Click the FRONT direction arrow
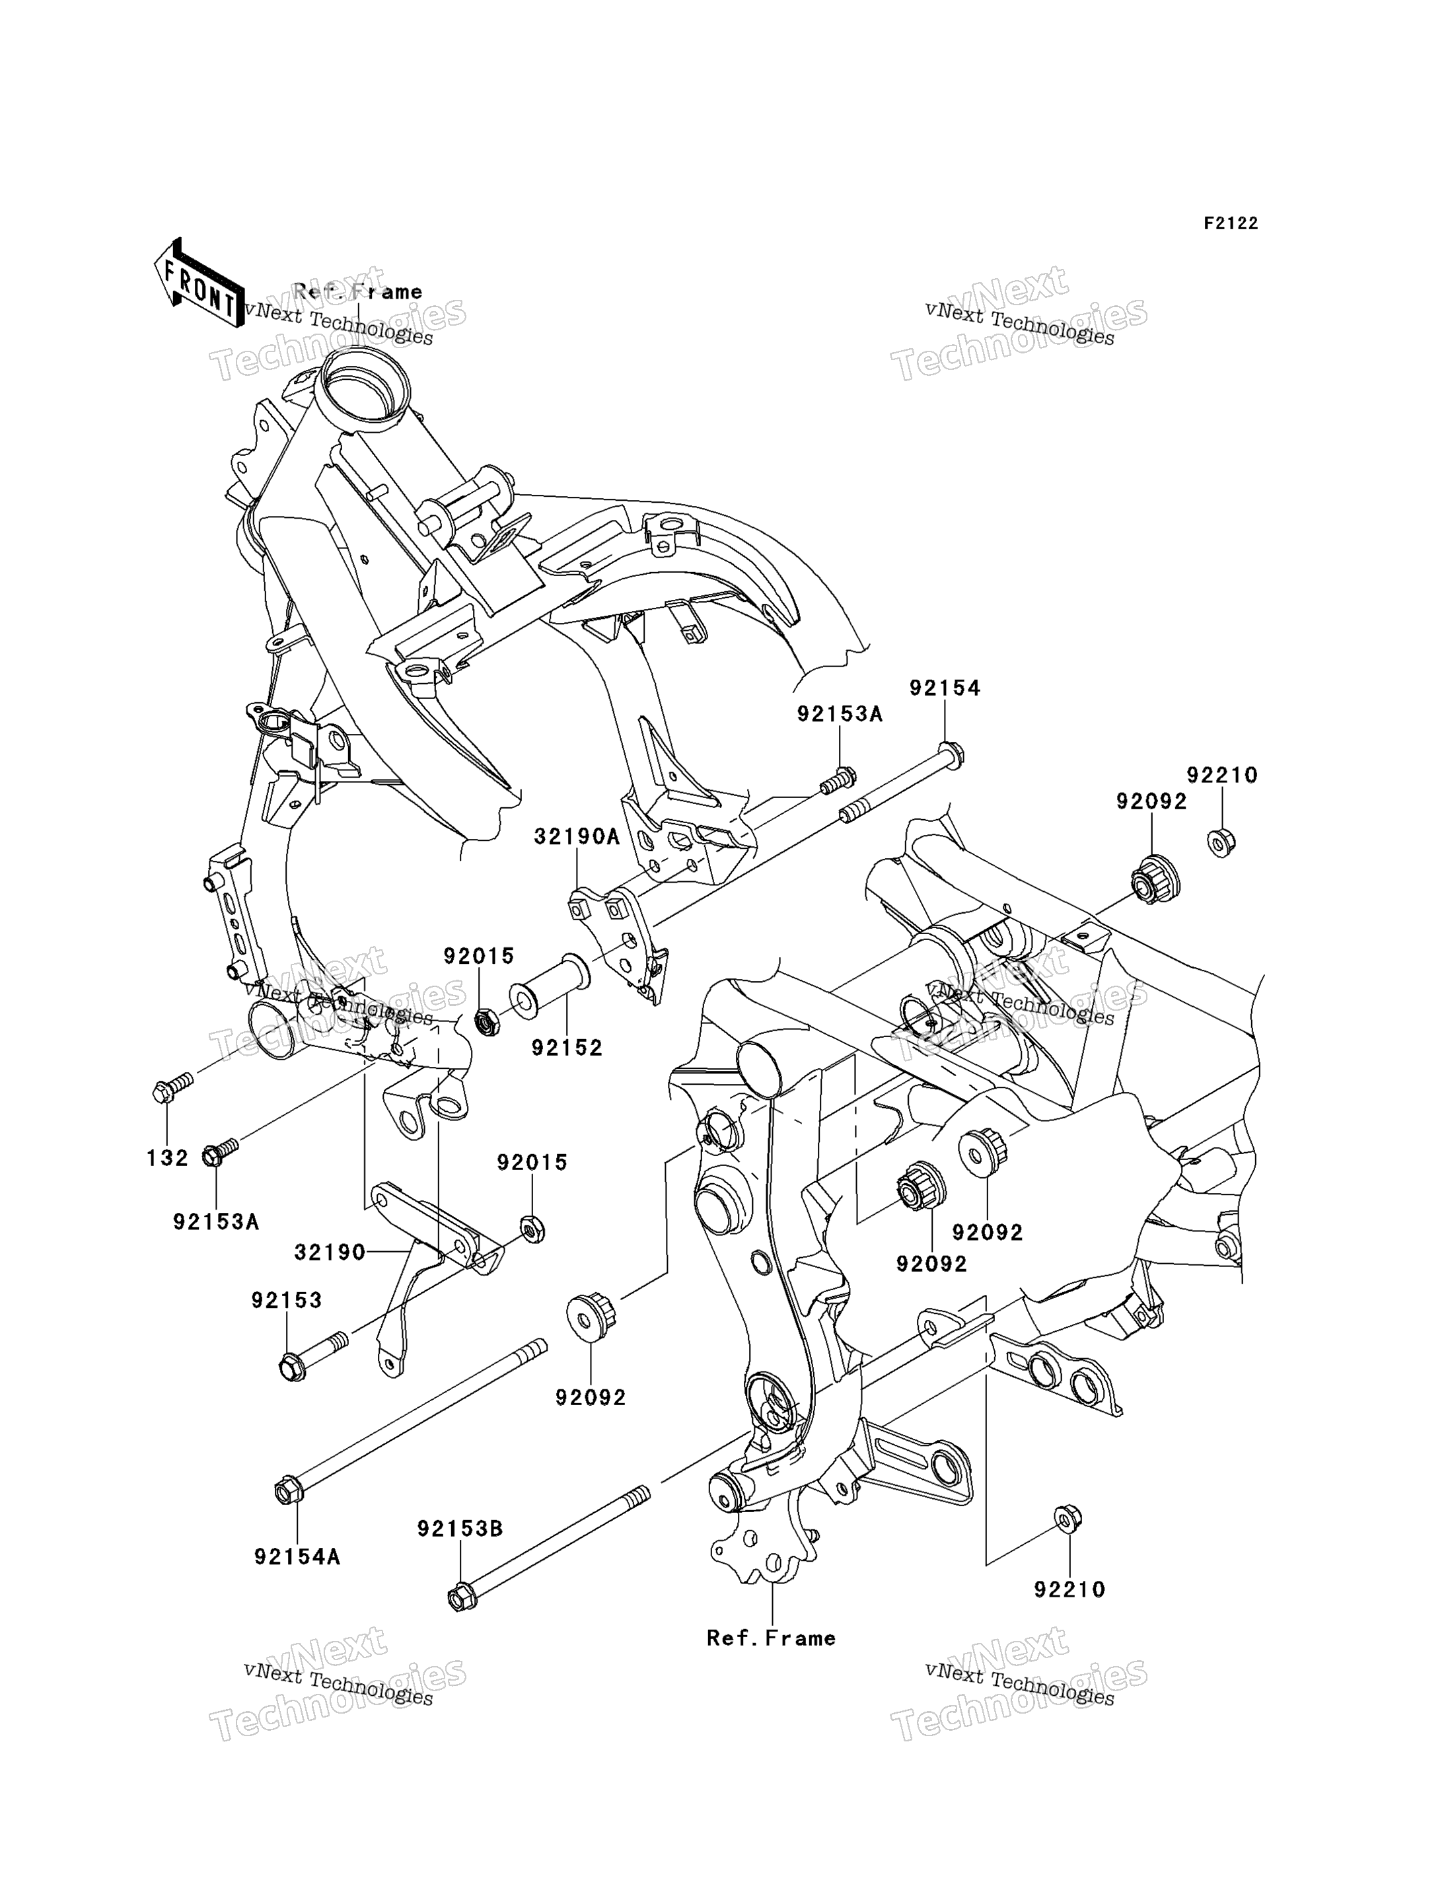click(199, 283)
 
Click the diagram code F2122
click(1231, 223)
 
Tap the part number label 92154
click(945, 688)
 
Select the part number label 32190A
click(577, 836)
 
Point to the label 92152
click(567, 1048)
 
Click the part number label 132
click(167, 1158)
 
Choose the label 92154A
click(297, 1557)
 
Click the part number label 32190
click(330, 1253)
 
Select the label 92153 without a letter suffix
click(287, 1300)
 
